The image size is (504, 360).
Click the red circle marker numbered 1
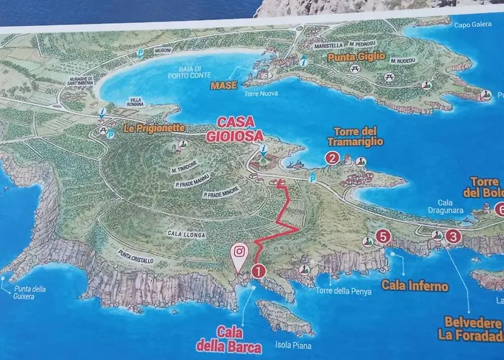click(x=258, y=271)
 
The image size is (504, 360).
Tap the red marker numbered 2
click(x=333, y=158)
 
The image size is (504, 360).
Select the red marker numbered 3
click(x=453, y=235)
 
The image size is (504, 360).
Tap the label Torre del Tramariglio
click(x=355, y=136)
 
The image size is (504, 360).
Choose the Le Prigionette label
click(x=154, y=129)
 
